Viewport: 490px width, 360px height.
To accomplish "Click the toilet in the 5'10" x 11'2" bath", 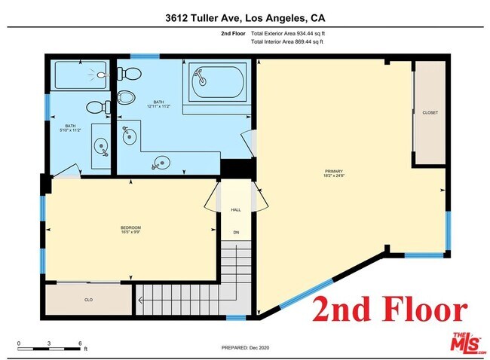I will tap(96, 108).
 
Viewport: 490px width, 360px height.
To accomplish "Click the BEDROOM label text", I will tap(130, 227).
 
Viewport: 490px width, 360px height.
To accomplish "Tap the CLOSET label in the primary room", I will tap(430, 112).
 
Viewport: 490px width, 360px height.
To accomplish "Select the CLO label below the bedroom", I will tap(88, 299).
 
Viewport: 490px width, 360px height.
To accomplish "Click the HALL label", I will tap(236, 210).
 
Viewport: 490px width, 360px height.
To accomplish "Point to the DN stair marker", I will tap(236, 232).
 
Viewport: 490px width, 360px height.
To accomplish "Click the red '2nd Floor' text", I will tap(390, 310).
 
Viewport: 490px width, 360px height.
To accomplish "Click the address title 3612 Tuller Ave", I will tap(244, 17).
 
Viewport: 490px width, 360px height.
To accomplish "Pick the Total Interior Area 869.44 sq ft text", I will tap(287, 42).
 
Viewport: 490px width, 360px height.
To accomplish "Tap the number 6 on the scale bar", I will tap(80, 343).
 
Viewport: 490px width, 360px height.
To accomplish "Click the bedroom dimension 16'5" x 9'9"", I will tap(130, 233).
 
